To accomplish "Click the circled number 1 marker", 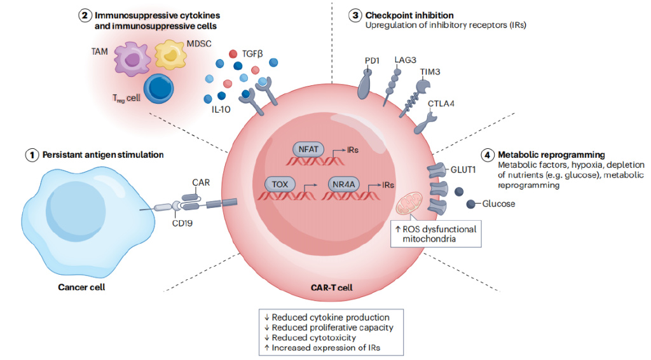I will pyautogui.click(x=31, y=155).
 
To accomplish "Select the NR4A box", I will pyautogui.click(x=344, y=184).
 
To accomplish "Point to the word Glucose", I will pyautogui.click(x=498, y=204).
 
